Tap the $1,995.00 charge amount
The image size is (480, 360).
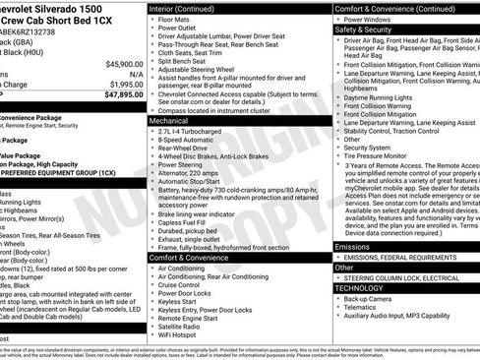(x=124, y=85)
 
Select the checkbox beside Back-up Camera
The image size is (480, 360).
(x=337, y=297)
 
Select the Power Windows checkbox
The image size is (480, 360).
(x=337, y=20)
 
